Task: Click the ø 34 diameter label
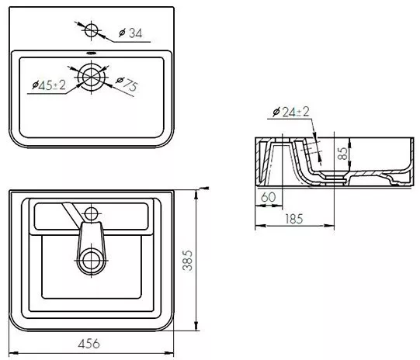130,33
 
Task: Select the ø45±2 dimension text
49,85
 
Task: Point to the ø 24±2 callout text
290,112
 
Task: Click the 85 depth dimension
343,154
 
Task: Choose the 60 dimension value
268,197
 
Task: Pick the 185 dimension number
294,219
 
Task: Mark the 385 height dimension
188,261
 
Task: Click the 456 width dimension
89,344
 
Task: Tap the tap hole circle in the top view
92,30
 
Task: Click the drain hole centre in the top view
92,77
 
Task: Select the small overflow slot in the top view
92,53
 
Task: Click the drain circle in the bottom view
92,260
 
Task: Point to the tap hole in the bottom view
92,214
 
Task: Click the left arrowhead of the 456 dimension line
13,353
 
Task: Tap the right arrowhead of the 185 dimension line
330,226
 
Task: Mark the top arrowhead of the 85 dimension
350,143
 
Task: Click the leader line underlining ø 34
132,42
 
